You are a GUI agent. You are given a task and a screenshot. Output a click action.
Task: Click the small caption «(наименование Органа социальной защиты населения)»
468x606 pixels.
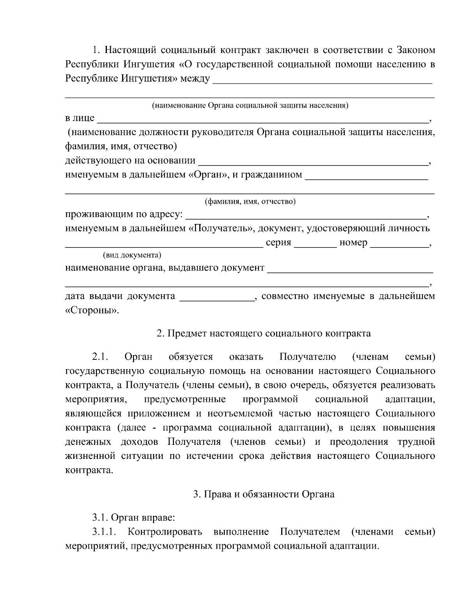coord(250,105)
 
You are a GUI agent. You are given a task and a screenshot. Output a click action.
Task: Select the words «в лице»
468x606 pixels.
coord(80,118)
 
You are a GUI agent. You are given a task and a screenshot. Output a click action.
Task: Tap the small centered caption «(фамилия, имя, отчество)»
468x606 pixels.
coord(250,202)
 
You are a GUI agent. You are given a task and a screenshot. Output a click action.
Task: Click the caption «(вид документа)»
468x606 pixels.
coord(132,255)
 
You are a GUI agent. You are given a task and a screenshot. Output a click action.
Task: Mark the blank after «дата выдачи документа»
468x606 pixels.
coord(216,297)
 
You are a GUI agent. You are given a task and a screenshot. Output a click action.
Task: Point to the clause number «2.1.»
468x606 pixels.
coord(99,357)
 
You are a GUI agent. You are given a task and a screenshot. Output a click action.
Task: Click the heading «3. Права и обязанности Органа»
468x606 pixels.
coord(264,494)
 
